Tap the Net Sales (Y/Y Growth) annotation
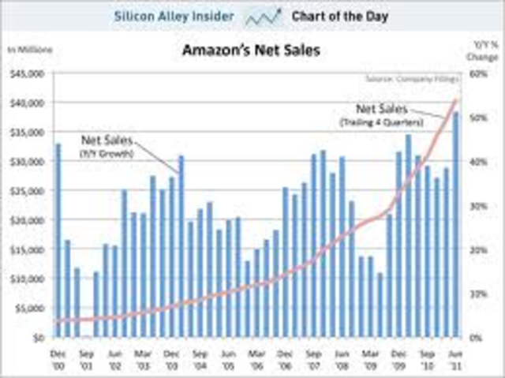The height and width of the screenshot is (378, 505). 108,145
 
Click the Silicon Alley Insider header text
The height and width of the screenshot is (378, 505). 174,15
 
